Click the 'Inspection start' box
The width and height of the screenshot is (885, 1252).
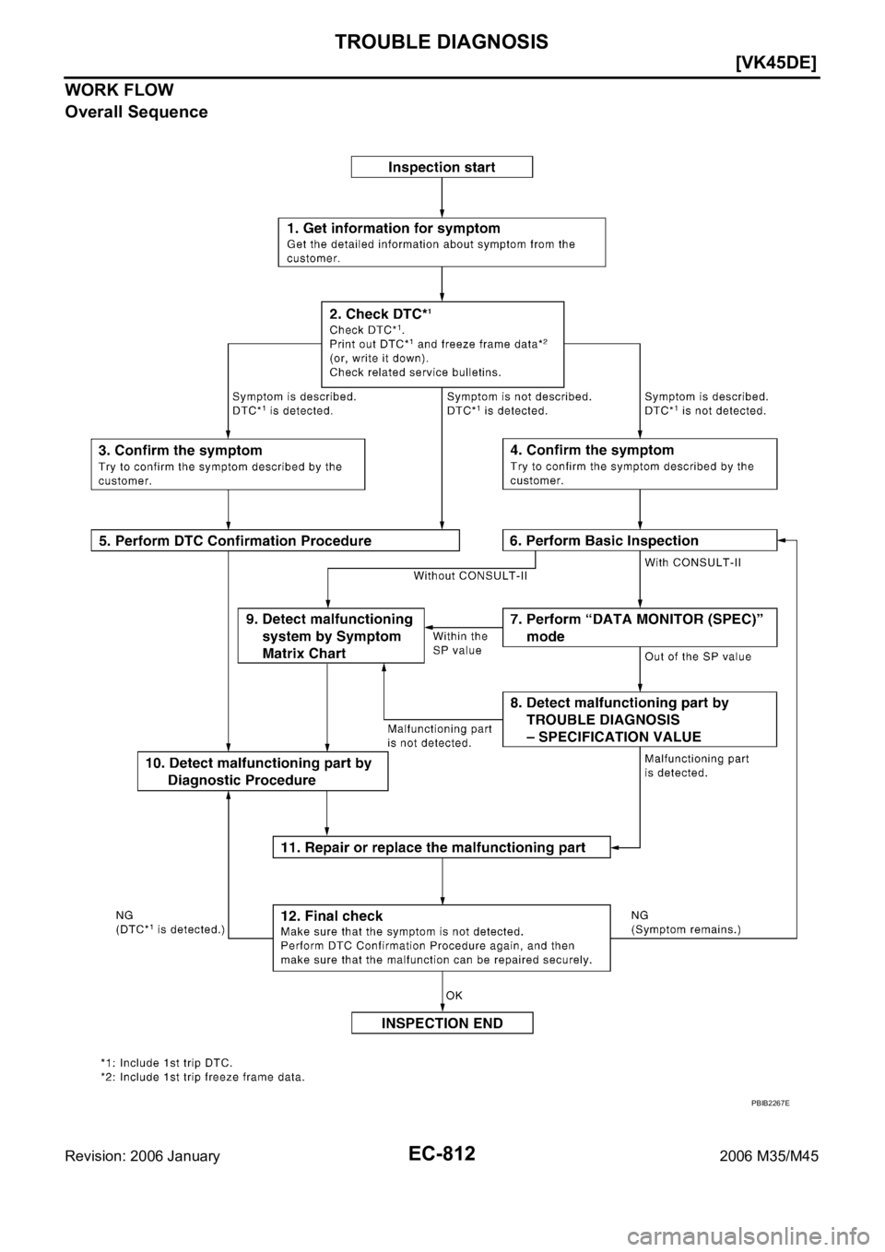coord(442,167)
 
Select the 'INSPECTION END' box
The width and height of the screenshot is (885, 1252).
coord(442,1022)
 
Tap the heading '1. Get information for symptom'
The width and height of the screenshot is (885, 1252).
coord(393,228)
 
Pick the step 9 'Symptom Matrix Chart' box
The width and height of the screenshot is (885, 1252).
coord(331,636)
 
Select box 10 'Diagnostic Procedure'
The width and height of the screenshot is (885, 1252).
coord(262,771)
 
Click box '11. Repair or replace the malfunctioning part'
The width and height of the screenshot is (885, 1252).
coord(442,846)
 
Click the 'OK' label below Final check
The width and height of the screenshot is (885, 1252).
coord(454,995)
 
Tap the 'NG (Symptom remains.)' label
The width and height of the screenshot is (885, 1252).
coord(685,924)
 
